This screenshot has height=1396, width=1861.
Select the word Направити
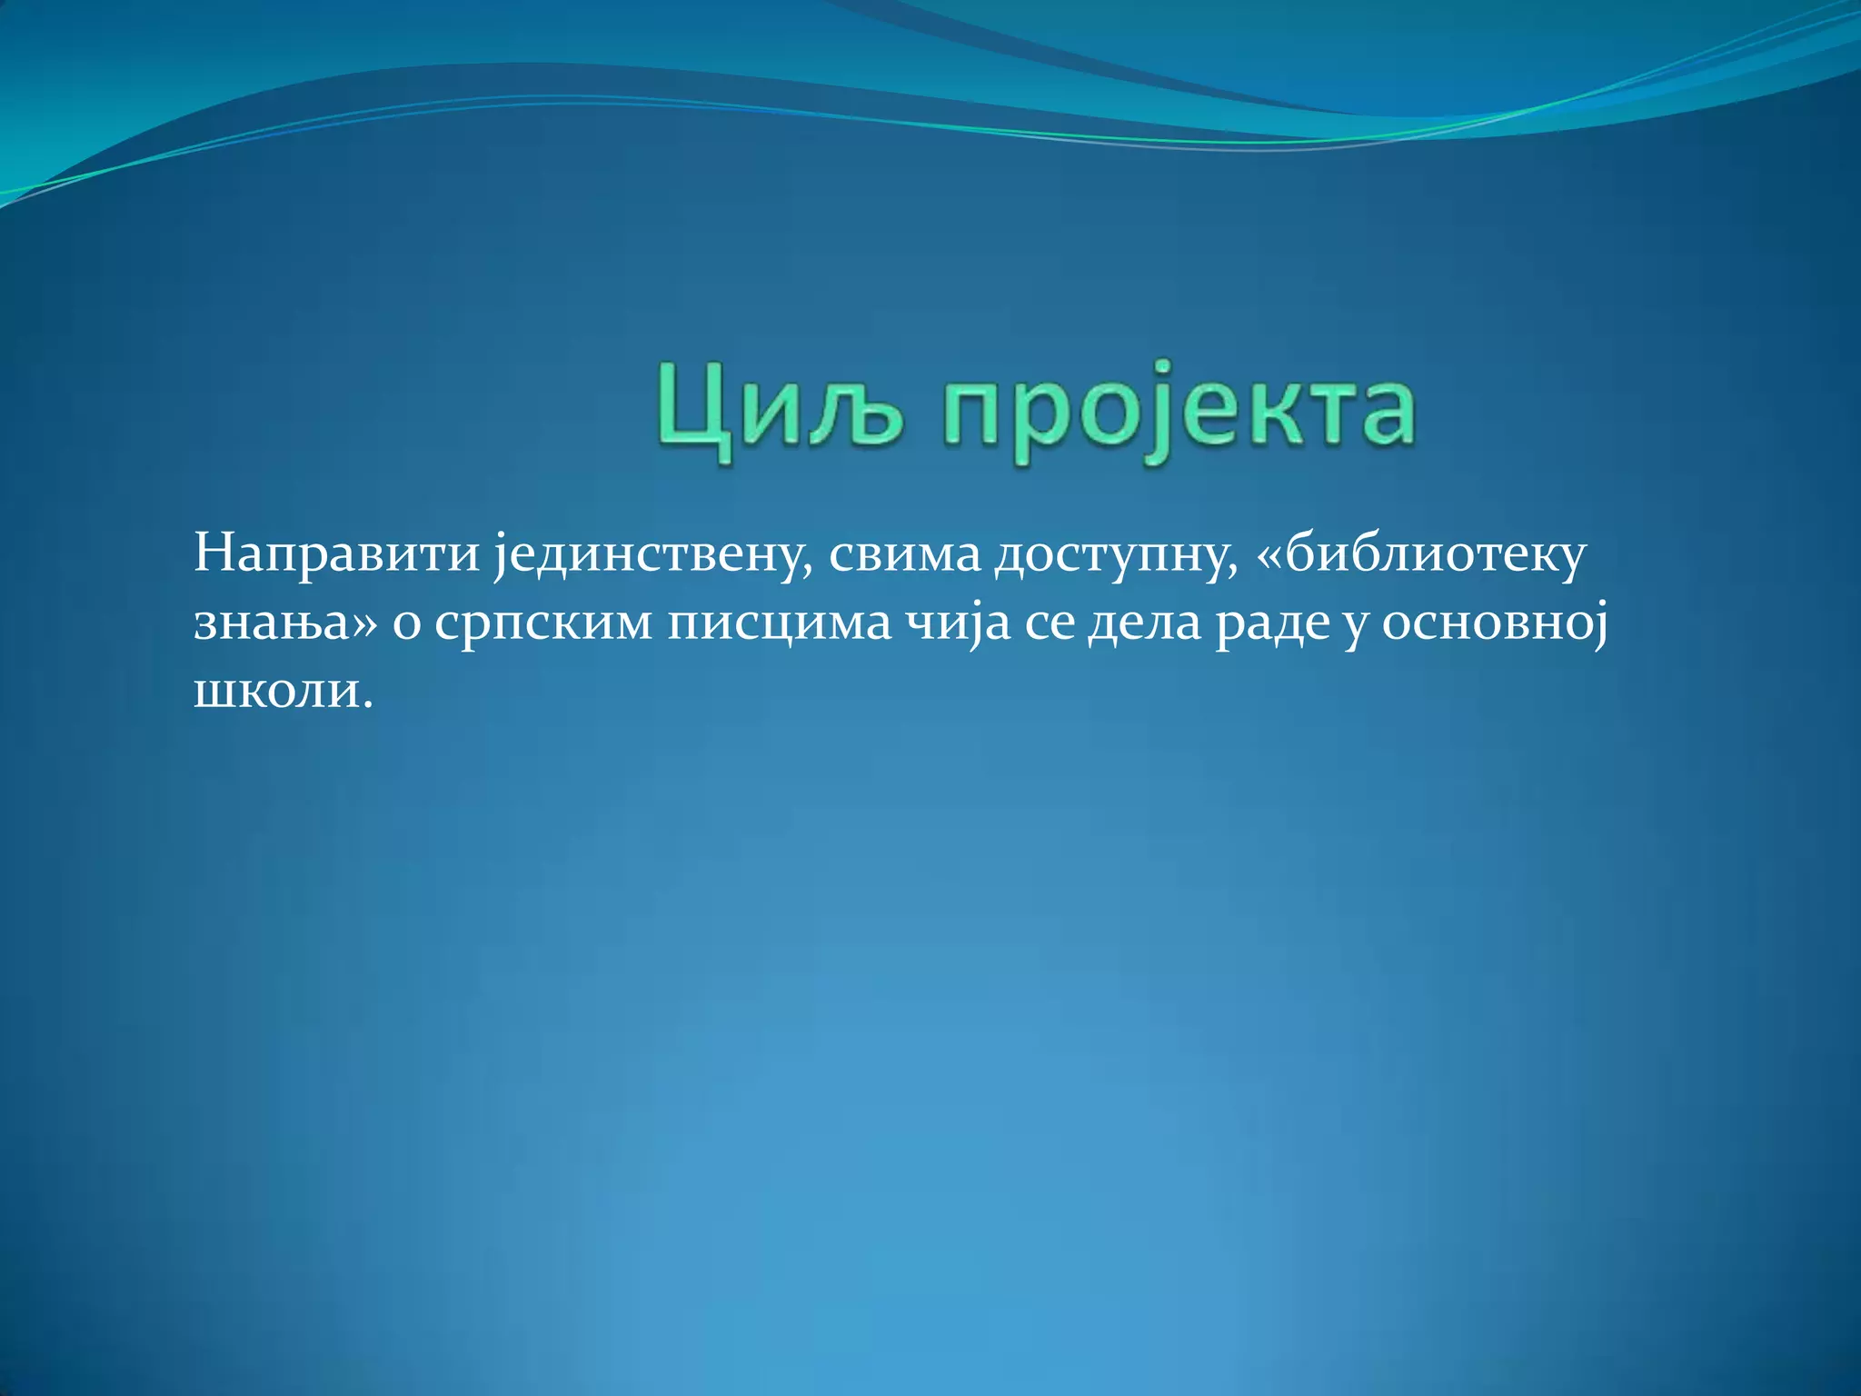pos(336,554)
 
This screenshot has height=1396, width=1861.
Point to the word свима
pos(904,554)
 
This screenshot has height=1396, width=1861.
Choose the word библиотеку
pos(1436,554)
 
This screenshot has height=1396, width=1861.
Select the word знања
pos(271,623)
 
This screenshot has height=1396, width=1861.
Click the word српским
pos(542,625)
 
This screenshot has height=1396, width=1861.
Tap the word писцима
pos(779,623)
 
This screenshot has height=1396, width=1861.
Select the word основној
pos(1495,623)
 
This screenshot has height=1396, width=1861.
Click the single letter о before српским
pos(406,625)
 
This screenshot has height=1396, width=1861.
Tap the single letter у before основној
pos(1356,627)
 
